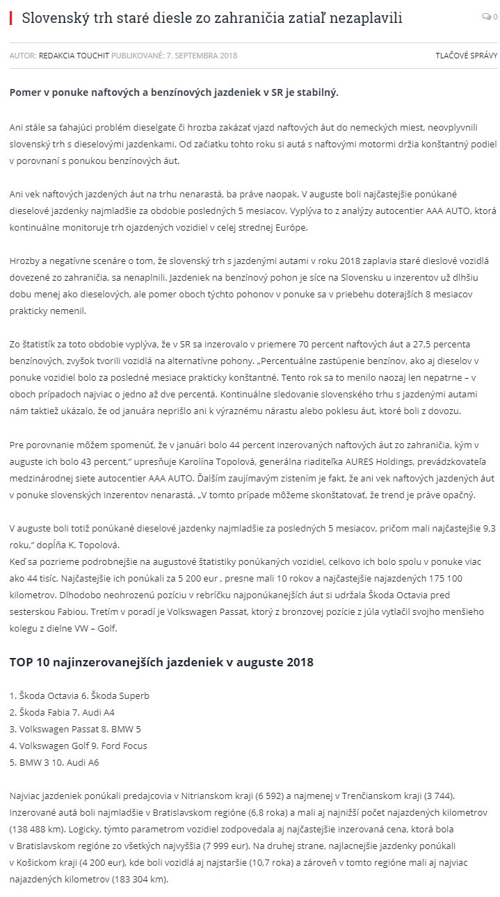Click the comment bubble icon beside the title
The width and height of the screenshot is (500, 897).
pyautogui.click(x=487, y=17)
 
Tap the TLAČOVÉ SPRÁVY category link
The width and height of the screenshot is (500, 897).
pyautogui.click(x=466, y=56)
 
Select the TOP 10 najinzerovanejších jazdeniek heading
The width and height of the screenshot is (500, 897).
pyautogui.click(x=161, y=662)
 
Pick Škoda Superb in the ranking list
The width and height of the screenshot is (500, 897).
pyautogui.click(x=120, y=696)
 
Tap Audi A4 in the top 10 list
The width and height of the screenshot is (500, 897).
pyautogui.click(x=103, y=712)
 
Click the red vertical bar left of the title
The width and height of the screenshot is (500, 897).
pyautogui.click(x=10, y=17)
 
